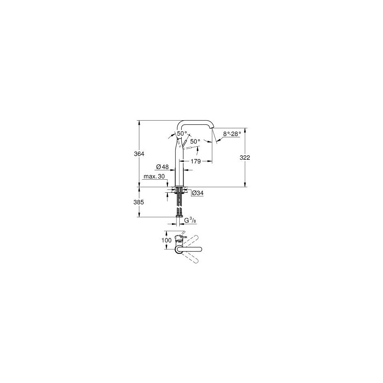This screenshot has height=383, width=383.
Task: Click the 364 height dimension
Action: point(139,154)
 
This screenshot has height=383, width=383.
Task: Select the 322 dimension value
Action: point(245,158)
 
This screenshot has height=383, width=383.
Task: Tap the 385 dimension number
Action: point(139,202)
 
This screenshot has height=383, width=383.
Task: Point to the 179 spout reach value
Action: point(196,161)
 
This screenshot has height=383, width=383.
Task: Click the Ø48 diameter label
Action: point(162,167)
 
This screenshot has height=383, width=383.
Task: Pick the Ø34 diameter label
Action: point(198,193)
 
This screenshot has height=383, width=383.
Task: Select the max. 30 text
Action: point(154,176)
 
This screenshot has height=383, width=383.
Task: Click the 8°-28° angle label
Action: point(232,134)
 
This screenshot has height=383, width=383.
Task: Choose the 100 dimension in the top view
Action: point(167,240)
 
